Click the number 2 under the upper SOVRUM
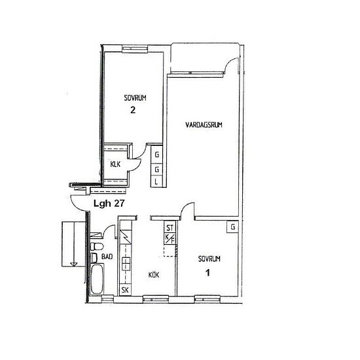(133, 110)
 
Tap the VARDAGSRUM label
(204, 125)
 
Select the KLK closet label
(115, 164)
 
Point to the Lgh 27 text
(109, 204)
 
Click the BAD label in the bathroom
(107, 257)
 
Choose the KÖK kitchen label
(154, 275)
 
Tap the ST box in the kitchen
(170, 227)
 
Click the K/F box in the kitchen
(170, 239)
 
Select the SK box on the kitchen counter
(125, 290)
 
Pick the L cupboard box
(156, 183)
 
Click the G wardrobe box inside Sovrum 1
(232, 227)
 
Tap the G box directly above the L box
(156, 170)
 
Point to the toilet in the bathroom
(96, 247)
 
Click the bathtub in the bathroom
(97, 279)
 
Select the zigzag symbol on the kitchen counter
(126, 237)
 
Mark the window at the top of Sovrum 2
(135, 48)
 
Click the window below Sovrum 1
(207, 298)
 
